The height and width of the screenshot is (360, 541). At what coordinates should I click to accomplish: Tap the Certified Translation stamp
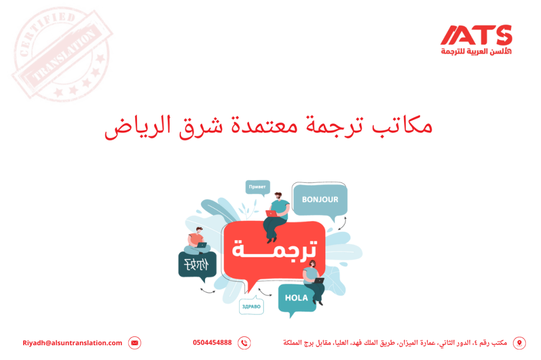click(62, 53)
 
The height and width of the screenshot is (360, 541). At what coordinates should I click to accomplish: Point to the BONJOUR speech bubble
click(320, 200)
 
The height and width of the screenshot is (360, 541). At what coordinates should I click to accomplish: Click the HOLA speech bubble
click(296, 298)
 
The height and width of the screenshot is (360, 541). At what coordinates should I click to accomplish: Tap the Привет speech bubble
click(257, 187)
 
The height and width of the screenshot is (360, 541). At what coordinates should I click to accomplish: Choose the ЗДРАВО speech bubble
click(251, 306)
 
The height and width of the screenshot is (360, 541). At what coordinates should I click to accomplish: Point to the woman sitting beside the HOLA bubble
click(314, 281)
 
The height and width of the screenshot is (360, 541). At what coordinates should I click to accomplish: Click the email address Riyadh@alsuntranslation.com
click(72, 343)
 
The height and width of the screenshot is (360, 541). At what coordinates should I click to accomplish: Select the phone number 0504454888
click(212, 343)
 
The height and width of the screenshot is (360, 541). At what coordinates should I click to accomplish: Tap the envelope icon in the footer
click(135, 343)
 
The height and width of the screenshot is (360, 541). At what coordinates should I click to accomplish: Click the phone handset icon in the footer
click(244, 343)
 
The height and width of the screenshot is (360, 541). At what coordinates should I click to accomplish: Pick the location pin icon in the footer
click(519, 343)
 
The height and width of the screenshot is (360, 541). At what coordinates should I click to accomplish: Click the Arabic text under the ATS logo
click(476, 51)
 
